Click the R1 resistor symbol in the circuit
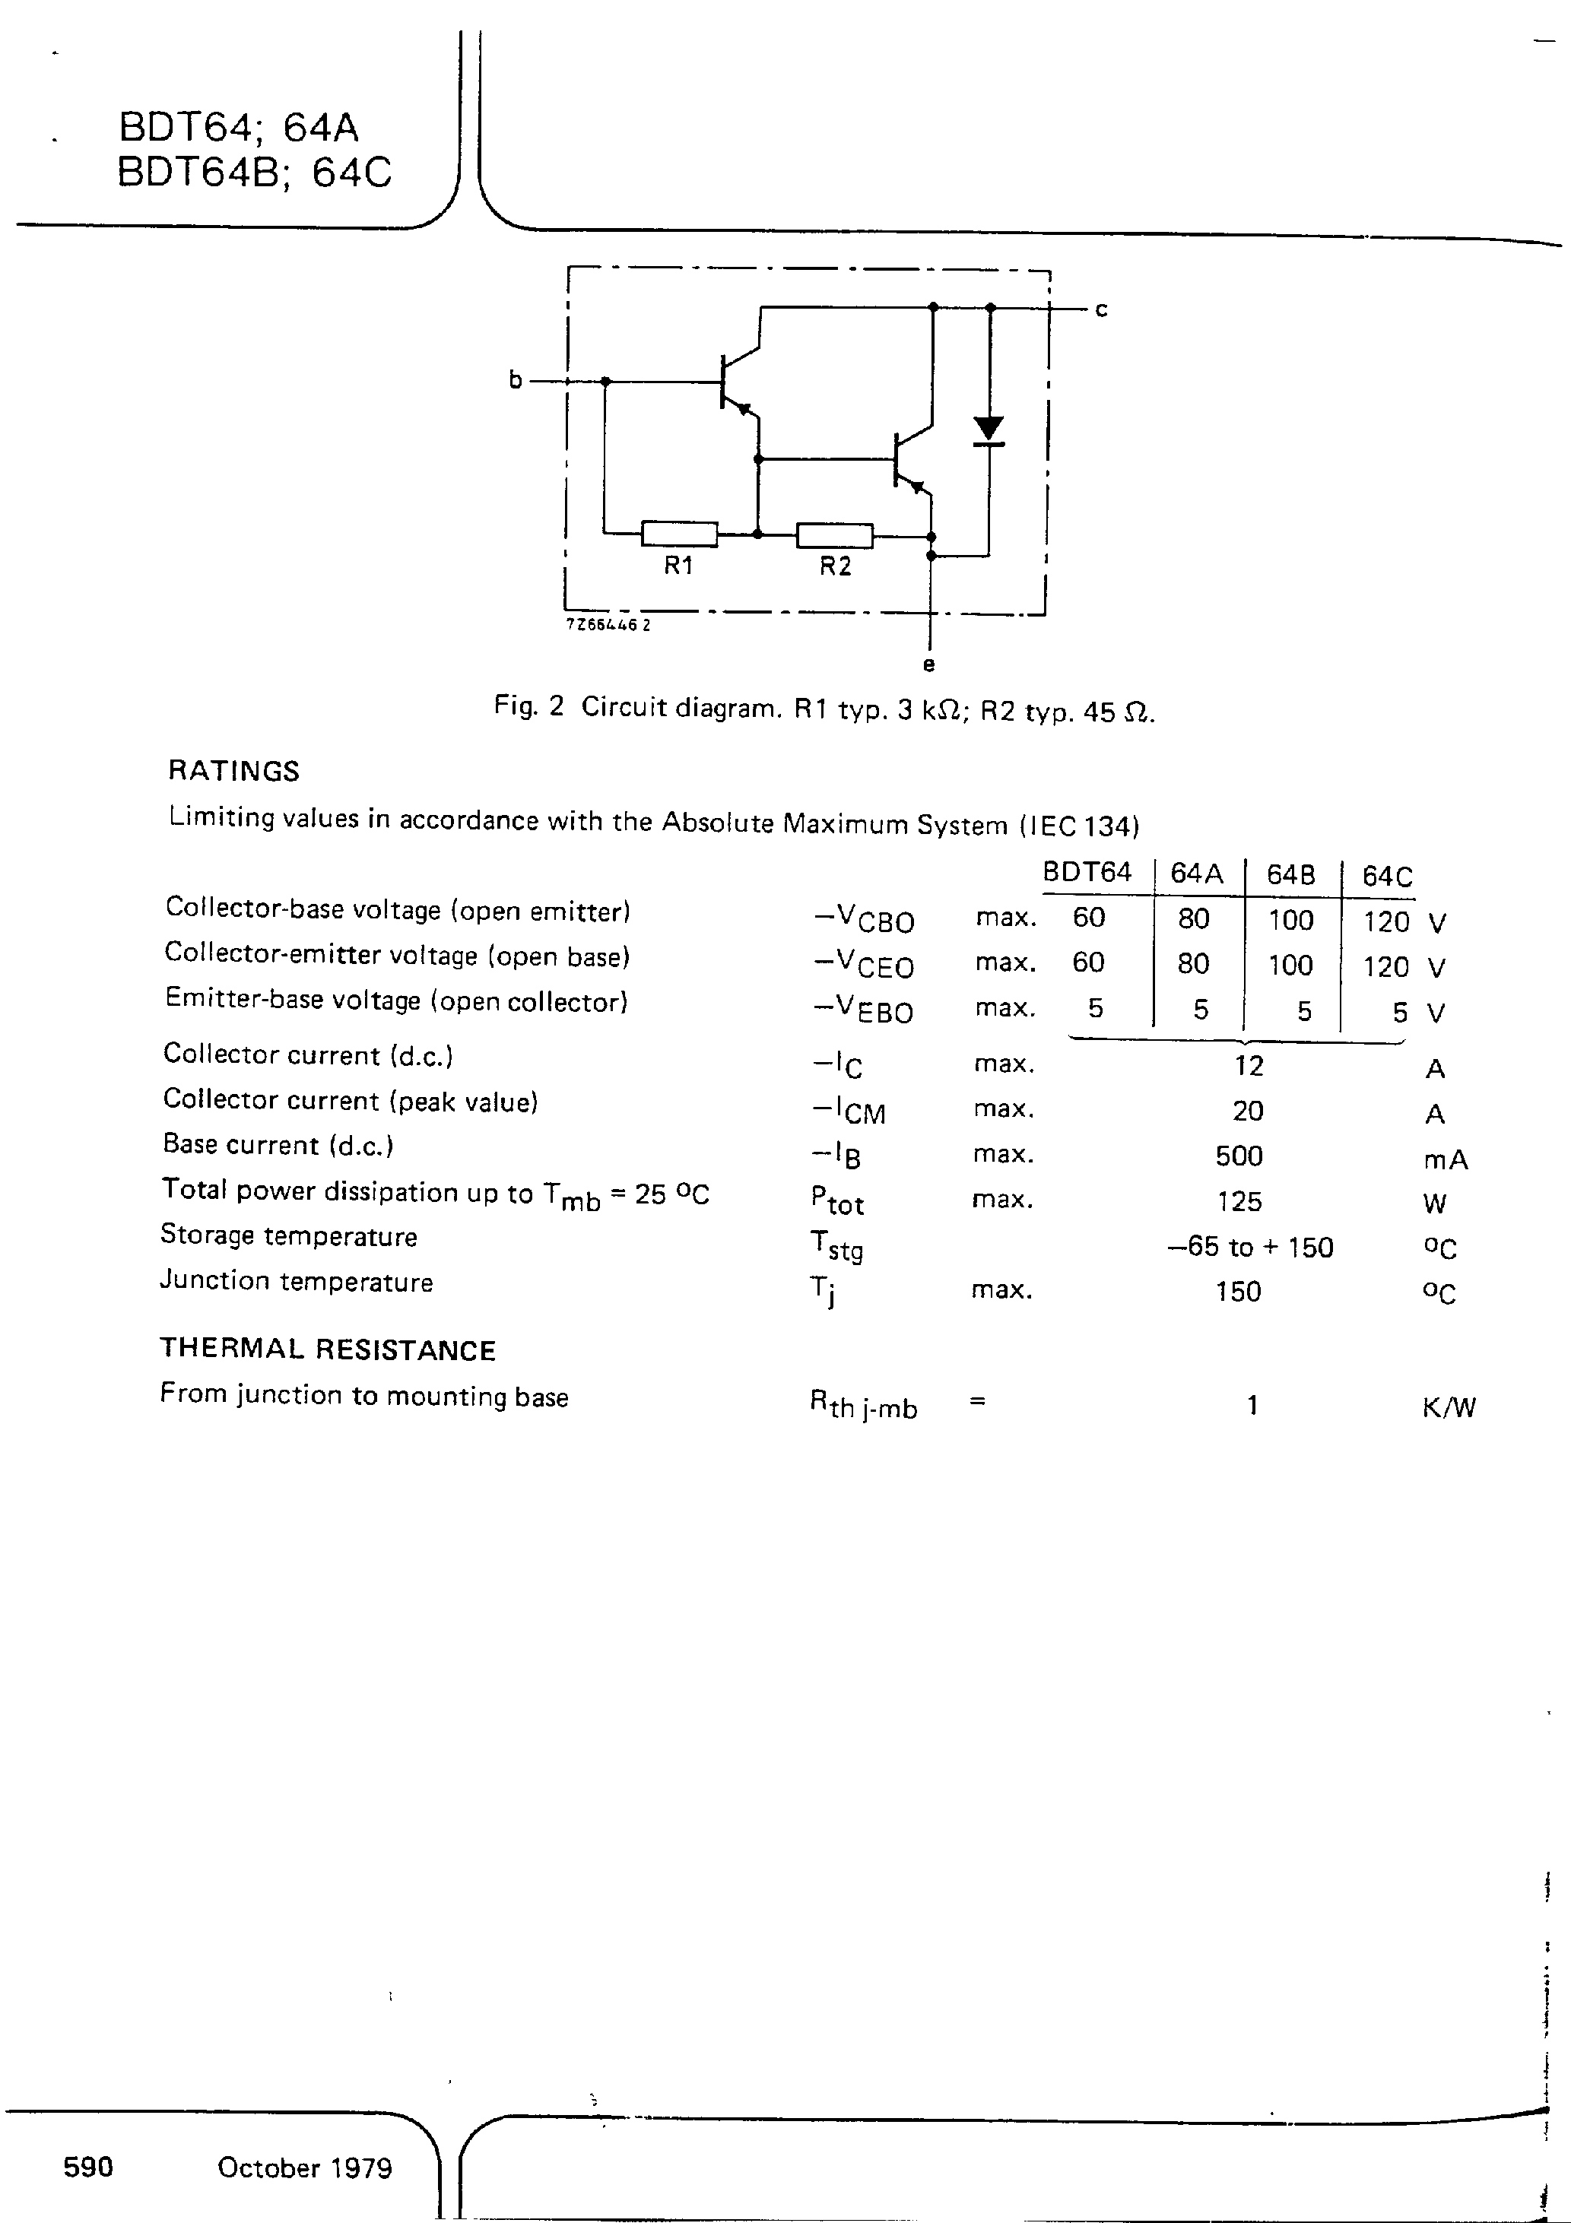(679, 534)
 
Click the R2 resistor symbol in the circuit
(834, 534)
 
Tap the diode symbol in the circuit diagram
(988, 430)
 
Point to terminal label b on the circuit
(516, 380)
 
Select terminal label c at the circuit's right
(1101, 310)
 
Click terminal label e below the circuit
(929, 665)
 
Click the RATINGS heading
(233, 771)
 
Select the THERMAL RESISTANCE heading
(328, 1349)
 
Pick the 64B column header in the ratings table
(1291, 875)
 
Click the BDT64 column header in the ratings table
(1087, 872)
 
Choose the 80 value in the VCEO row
(1193, 963)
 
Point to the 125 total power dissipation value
(1239, 1201)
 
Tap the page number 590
(88, 2167)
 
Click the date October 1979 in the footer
(304, 2168)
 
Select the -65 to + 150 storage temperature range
(1250, 1247)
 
